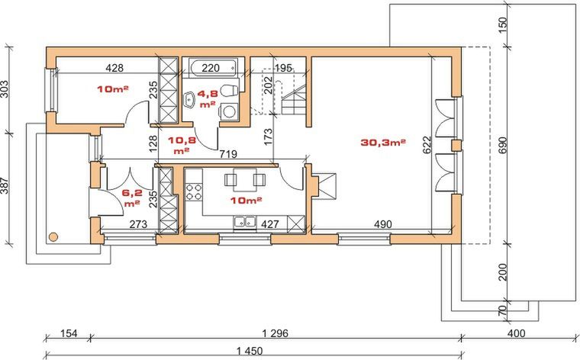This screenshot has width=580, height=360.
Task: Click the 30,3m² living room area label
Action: click(x=383, y=143)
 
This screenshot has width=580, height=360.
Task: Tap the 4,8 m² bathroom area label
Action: click(x=208, y=98)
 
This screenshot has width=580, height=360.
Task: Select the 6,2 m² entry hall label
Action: click(x=132, y=198)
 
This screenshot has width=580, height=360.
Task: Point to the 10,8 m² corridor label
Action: click(x=182, y=145)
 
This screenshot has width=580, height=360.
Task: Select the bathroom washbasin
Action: click(x=189, y=100)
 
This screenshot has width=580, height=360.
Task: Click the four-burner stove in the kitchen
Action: click(x=194, y=191)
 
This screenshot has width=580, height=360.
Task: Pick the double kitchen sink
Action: click(x=244, y=222)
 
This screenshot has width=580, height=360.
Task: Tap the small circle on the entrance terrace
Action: click(x=53, y=237)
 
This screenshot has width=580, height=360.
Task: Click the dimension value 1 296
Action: click(x=275, y=333)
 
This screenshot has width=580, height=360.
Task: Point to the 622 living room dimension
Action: click(x=427, y=145)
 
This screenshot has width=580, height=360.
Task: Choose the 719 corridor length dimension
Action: click(x=228, y=154)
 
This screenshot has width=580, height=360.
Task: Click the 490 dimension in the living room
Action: click(x=382, y=224)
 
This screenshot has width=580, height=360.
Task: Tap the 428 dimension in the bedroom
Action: click(x=114, y=68)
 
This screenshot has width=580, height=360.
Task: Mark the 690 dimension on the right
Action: click(x=502, y=145)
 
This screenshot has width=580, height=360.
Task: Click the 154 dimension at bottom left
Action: click(x=69, y=333)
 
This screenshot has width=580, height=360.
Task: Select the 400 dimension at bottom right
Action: click(x=516, y=333)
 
